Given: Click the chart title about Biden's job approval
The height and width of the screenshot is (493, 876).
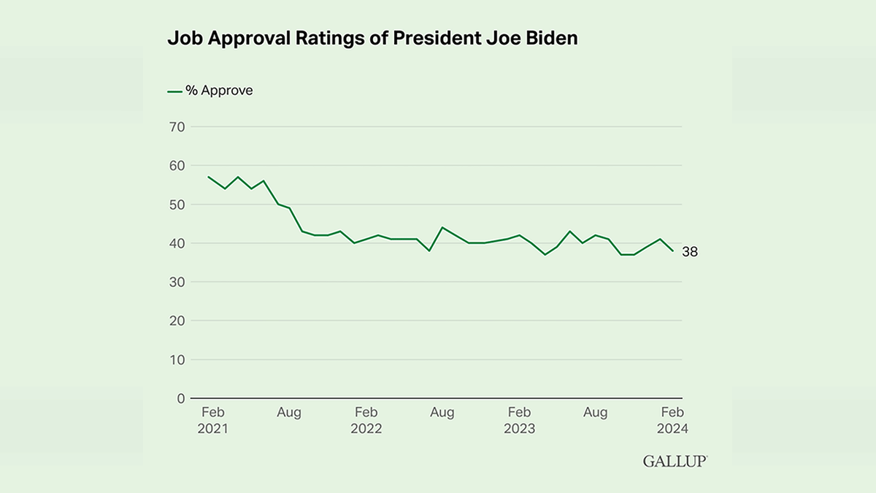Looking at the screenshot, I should click(372, 39).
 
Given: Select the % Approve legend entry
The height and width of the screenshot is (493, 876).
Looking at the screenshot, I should click(210, 91).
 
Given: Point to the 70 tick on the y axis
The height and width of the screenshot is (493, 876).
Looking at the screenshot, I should click(177, 127).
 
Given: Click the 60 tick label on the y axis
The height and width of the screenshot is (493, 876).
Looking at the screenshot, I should click(177, 166).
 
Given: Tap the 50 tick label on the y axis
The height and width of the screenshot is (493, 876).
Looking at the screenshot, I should click(177, 205).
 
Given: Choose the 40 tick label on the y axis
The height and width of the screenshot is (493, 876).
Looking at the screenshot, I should click(177, 243).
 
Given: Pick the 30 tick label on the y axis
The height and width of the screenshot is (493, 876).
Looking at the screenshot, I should click(177, 282).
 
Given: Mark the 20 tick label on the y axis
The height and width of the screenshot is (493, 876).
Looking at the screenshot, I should click(177, 321).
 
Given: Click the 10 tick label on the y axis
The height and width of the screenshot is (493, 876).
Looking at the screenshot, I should click(177, 359).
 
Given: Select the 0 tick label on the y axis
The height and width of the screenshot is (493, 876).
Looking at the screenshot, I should click(180, 398).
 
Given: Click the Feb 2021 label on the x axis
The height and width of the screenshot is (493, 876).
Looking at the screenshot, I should click(212, 421).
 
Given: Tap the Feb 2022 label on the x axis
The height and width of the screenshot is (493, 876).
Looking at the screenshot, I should click(366, 421).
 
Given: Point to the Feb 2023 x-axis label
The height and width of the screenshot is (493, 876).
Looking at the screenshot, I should click(519, 421).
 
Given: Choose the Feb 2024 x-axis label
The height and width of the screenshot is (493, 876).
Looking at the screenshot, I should click(672, 421).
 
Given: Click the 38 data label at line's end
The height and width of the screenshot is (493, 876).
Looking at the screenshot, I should click(691, 252).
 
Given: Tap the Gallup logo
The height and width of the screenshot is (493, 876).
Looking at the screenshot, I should click(675, 461).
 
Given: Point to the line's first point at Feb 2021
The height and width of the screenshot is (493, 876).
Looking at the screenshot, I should click(209, 177).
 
